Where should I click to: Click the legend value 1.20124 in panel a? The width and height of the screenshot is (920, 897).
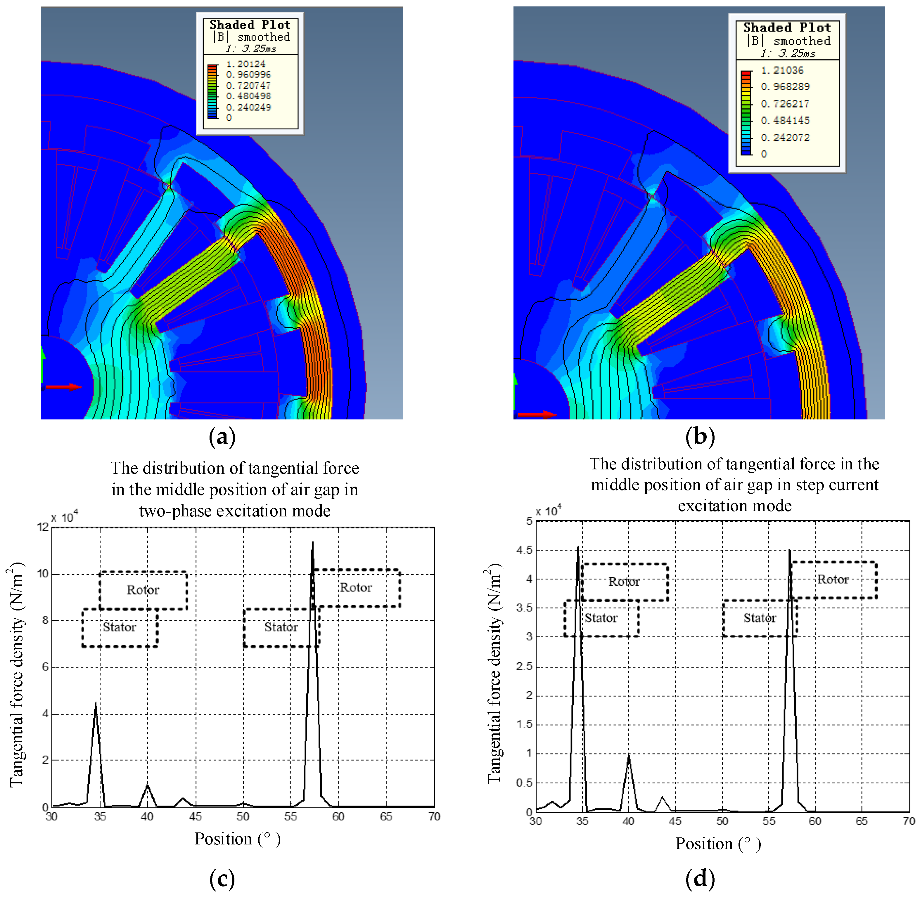[245, 64]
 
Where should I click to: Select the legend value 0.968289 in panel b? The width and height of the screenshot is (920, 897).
[785, 87]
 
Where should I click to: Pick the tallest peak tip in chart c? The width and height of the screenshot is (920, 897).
[312, 542]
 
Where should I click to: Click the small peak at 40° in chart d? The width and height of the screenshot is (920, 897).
[628, 757]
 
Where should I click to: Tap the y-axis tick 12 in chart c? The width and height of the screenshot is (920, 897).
[43, 527]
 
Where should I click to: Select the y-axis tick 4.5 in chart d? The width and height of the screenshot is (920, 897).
[526, 550]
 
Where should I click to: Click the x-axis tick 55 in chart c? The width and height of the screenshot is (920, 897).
[290, 816]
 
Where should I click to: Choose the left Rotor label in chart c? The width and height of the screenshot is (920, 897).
[143, 590]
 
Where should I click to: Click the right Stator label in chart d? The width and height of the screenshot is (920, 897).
[759, 618]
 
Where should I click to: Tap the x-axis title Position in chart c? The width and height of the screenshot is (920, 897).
[223, 839]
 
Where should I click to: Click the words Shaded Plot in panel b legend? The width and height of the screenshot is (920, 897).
[787, 27]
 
